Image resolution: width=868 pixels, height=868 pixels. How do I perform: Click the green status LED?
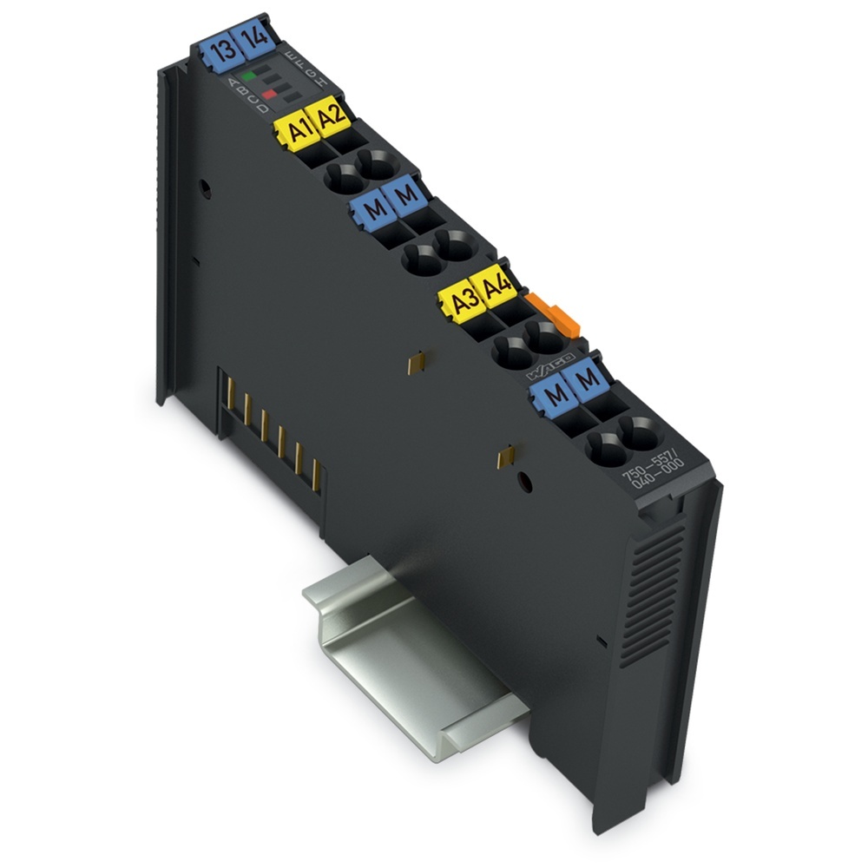pos(249,76)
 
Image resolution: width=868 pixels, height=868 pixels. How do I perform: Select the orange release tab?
pos(556,314)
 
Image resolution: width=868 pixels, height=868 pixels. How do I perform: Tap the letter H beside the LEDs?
pos(323,81)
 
